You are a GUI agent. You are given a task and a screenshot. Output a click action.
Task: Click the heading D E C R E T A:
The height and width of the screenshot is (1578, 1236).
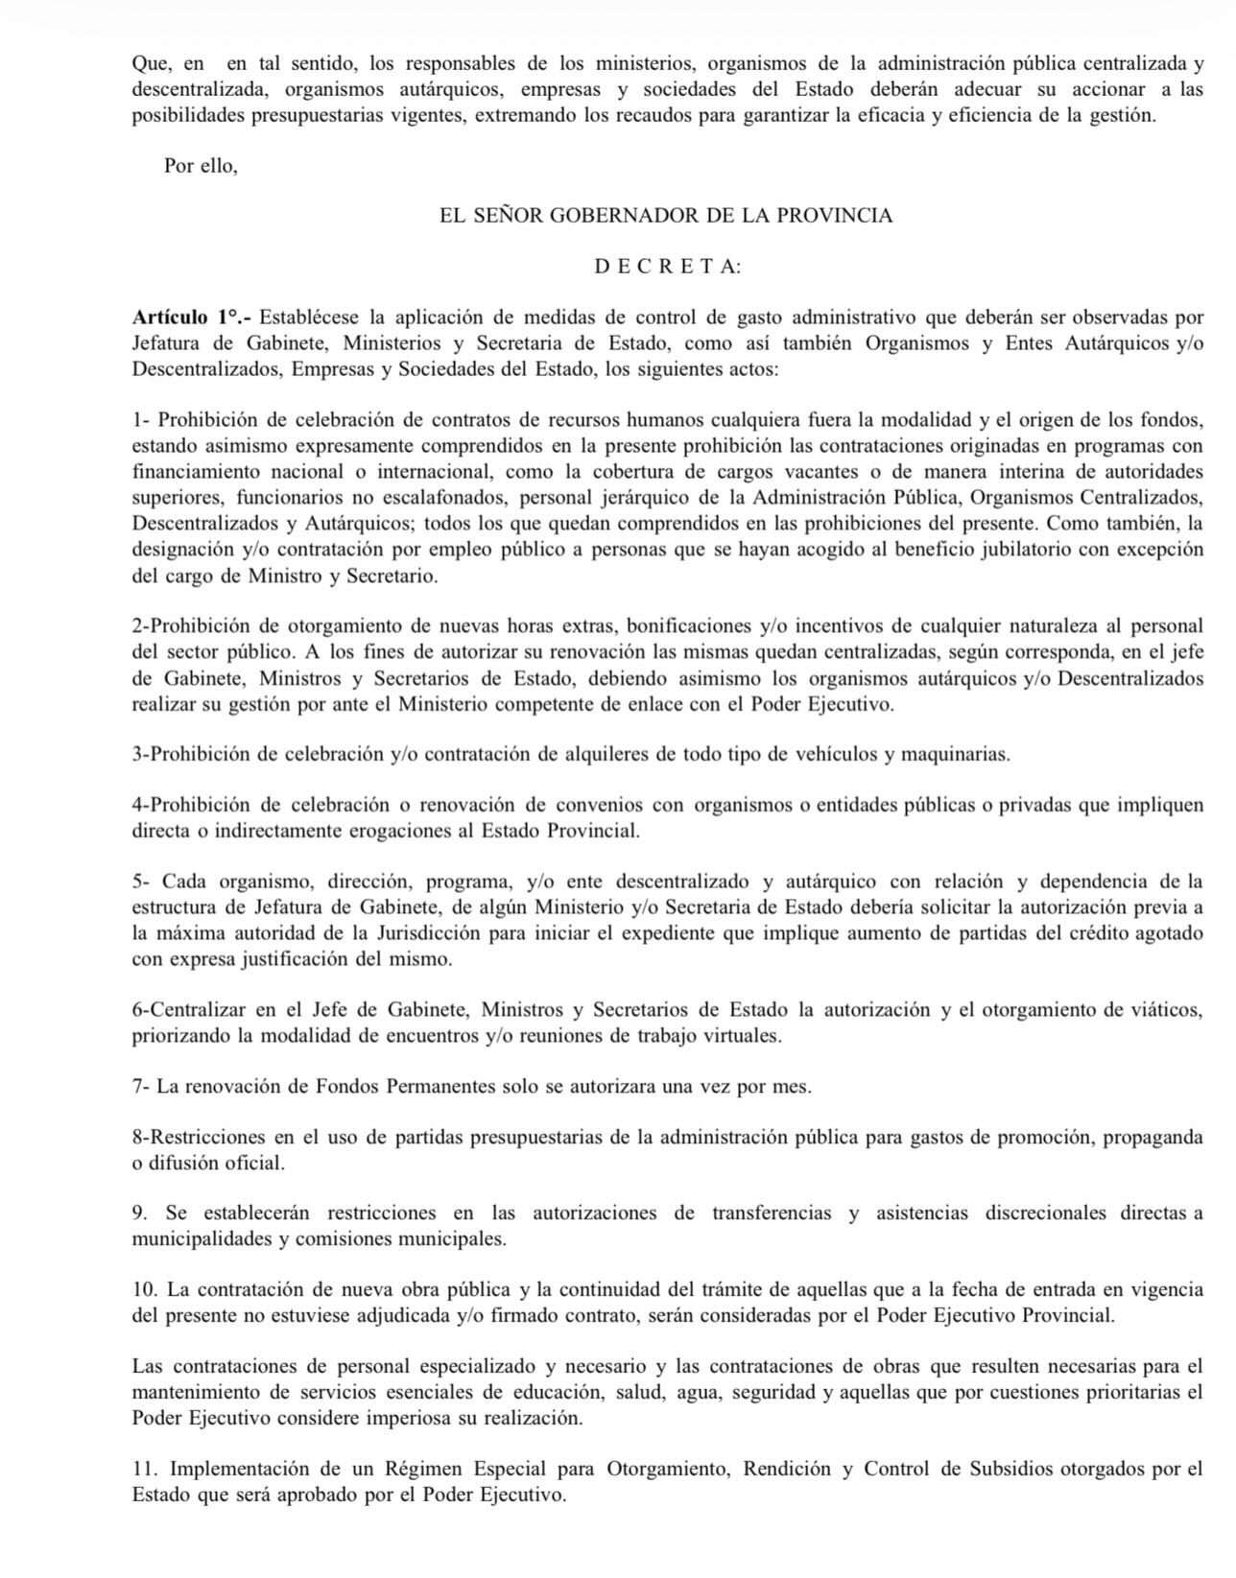(x=668, y=267)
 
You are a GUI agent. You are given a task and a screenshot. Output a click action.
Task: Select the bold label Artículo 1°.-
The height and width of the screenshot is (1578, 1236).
(x=192, y=318)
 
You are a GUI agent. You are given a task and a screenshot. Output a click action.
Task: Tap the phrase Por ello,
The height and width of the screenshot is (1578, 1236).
(x=201, y=165)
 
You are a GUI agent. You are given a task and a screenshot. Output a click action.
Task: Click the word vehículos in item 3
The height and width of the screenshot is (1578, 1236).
(x=837, y=754)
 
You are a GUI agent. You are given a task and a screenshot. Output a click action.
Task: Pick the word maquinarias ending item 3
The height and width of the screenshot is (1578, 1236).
(x=960, y=754)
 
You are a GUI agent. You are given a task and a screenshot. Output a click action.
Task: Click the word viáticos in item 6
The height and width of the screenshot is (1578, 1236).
(x=1168, y=1009)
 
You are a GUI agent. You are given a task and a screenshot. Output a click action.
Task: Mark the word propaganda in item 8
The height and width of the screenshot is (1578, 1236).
(x=1153, y=1137)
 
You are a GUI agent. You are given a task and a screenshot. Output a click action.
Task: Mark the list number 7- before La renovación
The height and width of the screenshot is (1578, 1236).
(x=141, y=1087)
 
